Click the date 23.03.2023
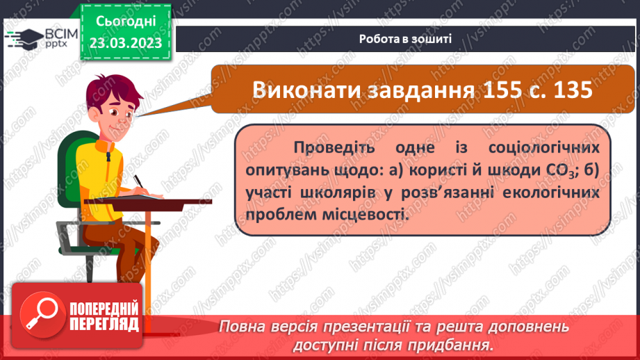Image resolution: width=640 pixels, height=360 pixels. (x=125, y=42)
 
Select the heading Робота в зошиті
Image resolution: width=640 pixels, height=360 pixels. (x=406, y=38)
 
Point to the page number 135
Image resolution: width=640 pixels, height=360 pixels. (x=567, y=90)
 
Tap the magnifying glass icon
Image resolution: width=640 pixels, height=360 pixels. (x=40, y=313)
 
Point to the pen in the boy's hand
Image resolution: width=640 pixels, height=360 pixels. (x=138, y=181)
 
